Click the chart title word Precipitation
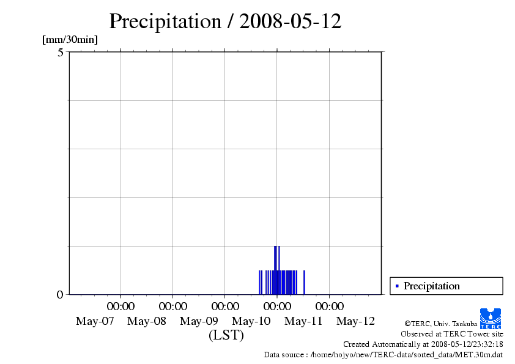[x=165, y=21]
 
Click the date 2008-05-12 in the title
[x=290, y=21]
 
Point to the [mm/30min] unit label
[x=70, y=40]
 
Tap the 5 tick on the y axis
[x=60, y=53]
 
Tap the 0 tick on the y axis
[x=60, y=294]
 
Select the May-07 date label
[x=95, y=321]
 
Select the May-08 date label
[x=147, y=321]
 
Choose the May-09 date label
[x=199, y=321]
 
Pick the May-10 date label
[x=251, y=321]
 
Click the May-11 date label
[x=304, y=321]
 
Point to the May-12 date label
[x=356, y=321]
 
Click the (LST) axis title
[x=226, y=335]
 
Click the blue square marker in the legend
[x=397, y=286]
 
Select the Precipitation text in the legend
[x=431, y=286]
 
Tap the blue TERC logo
[x=491, y=318]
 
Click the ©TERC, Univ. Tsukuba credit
[x=440, y=323]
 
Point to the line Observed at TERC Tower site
[x=451, y=333]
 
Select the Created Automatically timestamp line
[x=423, y=344]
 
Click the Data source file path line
[x=383, y=354]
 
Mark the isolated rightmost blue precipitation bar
[x=304, y=282]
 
